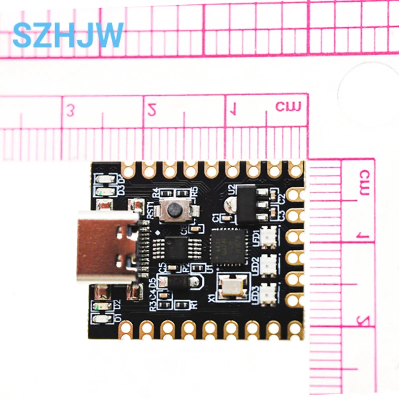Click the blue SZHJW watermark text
(x=68, y=35)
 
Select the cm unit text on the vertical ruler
(x=365, y=183)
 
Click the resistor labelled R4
(x=169, y=193)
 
